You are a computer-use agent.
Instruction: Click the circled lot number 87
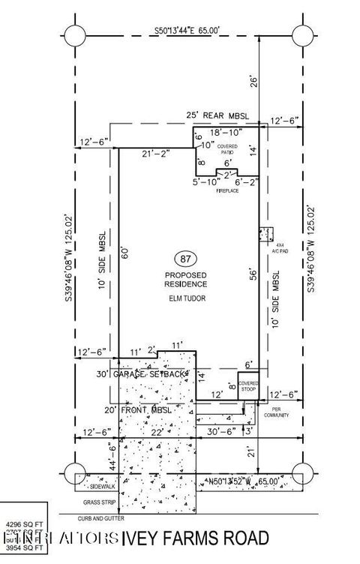pos(184,259)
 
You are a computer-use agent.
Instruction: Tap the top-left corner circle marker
pos(75,34)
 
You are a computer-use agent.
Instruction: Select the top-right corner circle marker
pos(302,34)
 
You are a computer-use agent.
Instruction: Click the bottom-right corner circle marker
pos(302,474)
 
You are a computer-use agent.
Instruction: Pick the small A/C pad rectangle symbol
pos(265,234)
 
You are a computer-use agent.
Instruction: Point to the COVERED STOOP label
pos(248,387)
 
